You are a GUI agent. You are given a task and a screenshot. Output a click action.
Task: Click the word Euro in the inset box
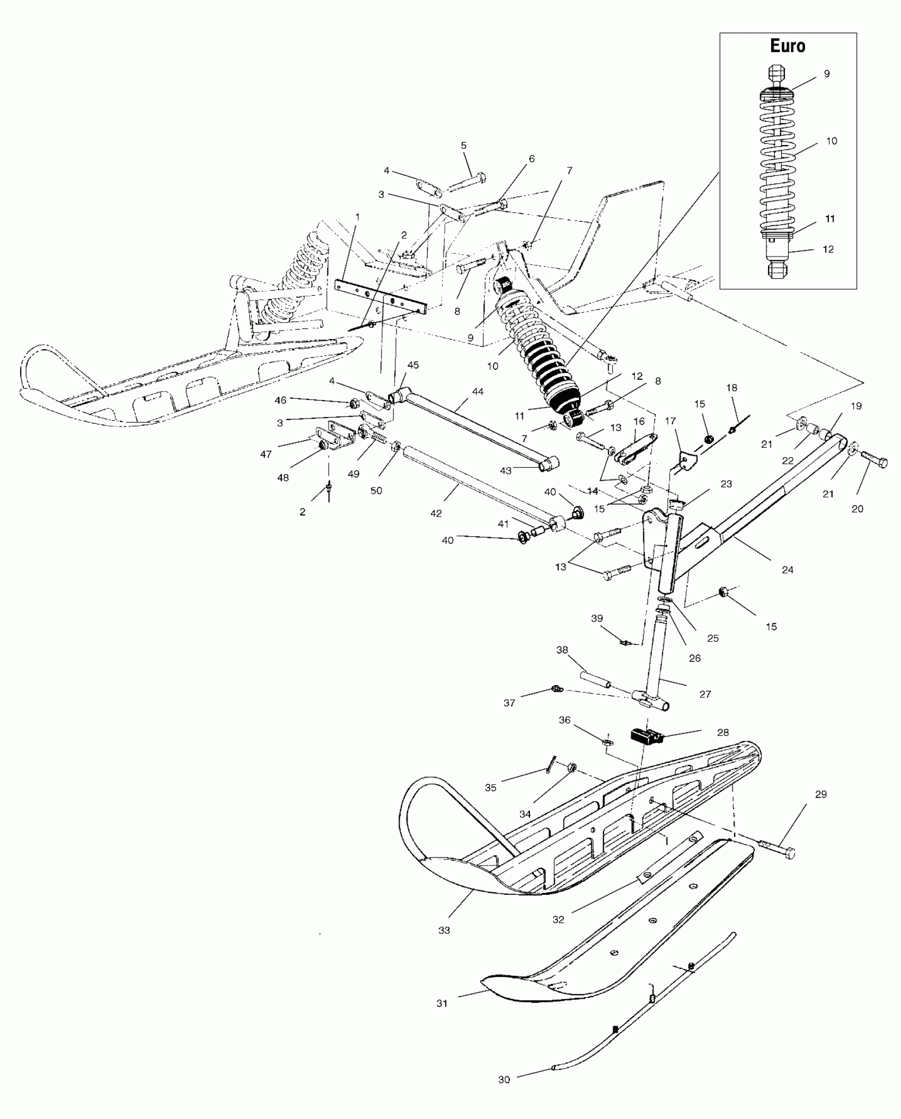click(788, 46)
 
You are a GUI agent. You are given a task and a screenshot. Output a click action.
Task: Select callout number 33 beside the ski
click(444, 930)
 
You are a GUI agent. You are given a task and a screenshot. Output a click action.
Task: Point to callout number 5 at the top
click(464, 145)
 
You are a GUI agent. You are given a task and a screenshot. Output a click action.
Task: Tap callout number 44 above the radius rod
click(478, 392)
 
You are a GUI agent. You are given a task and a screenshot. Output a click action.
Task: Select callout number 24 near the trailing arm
click(788, 570)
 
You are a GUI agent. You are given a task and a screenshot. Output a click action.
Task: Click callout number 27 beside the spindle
click(705, 694)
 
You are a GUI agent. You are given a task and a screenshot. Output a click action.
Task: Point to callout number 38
click(562, 650)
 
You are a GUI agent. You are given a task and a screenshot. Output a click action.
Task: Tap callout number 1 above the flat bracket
click(357, 217)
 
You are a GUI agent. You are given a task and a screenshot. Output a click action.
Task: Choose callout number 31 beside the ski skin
click(442, 1003)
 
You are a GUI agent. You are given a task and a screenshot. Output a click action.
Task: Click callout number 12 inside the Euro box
click(828, 249)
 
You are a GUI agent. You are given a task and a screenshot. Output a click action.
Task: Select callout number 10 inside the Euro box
click(831, 141)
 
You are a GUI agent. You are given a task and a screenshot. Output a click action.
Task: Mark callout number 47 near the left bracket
click(266, 454)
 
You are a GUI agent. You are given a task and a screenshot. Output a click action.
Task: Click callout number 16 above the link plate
click(639, 421)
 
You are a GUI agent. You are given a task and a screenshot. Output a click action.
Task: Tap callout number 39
click(597, 618)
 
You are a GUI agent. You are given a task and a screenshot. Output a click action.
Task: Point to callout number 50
click(376, 491)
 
